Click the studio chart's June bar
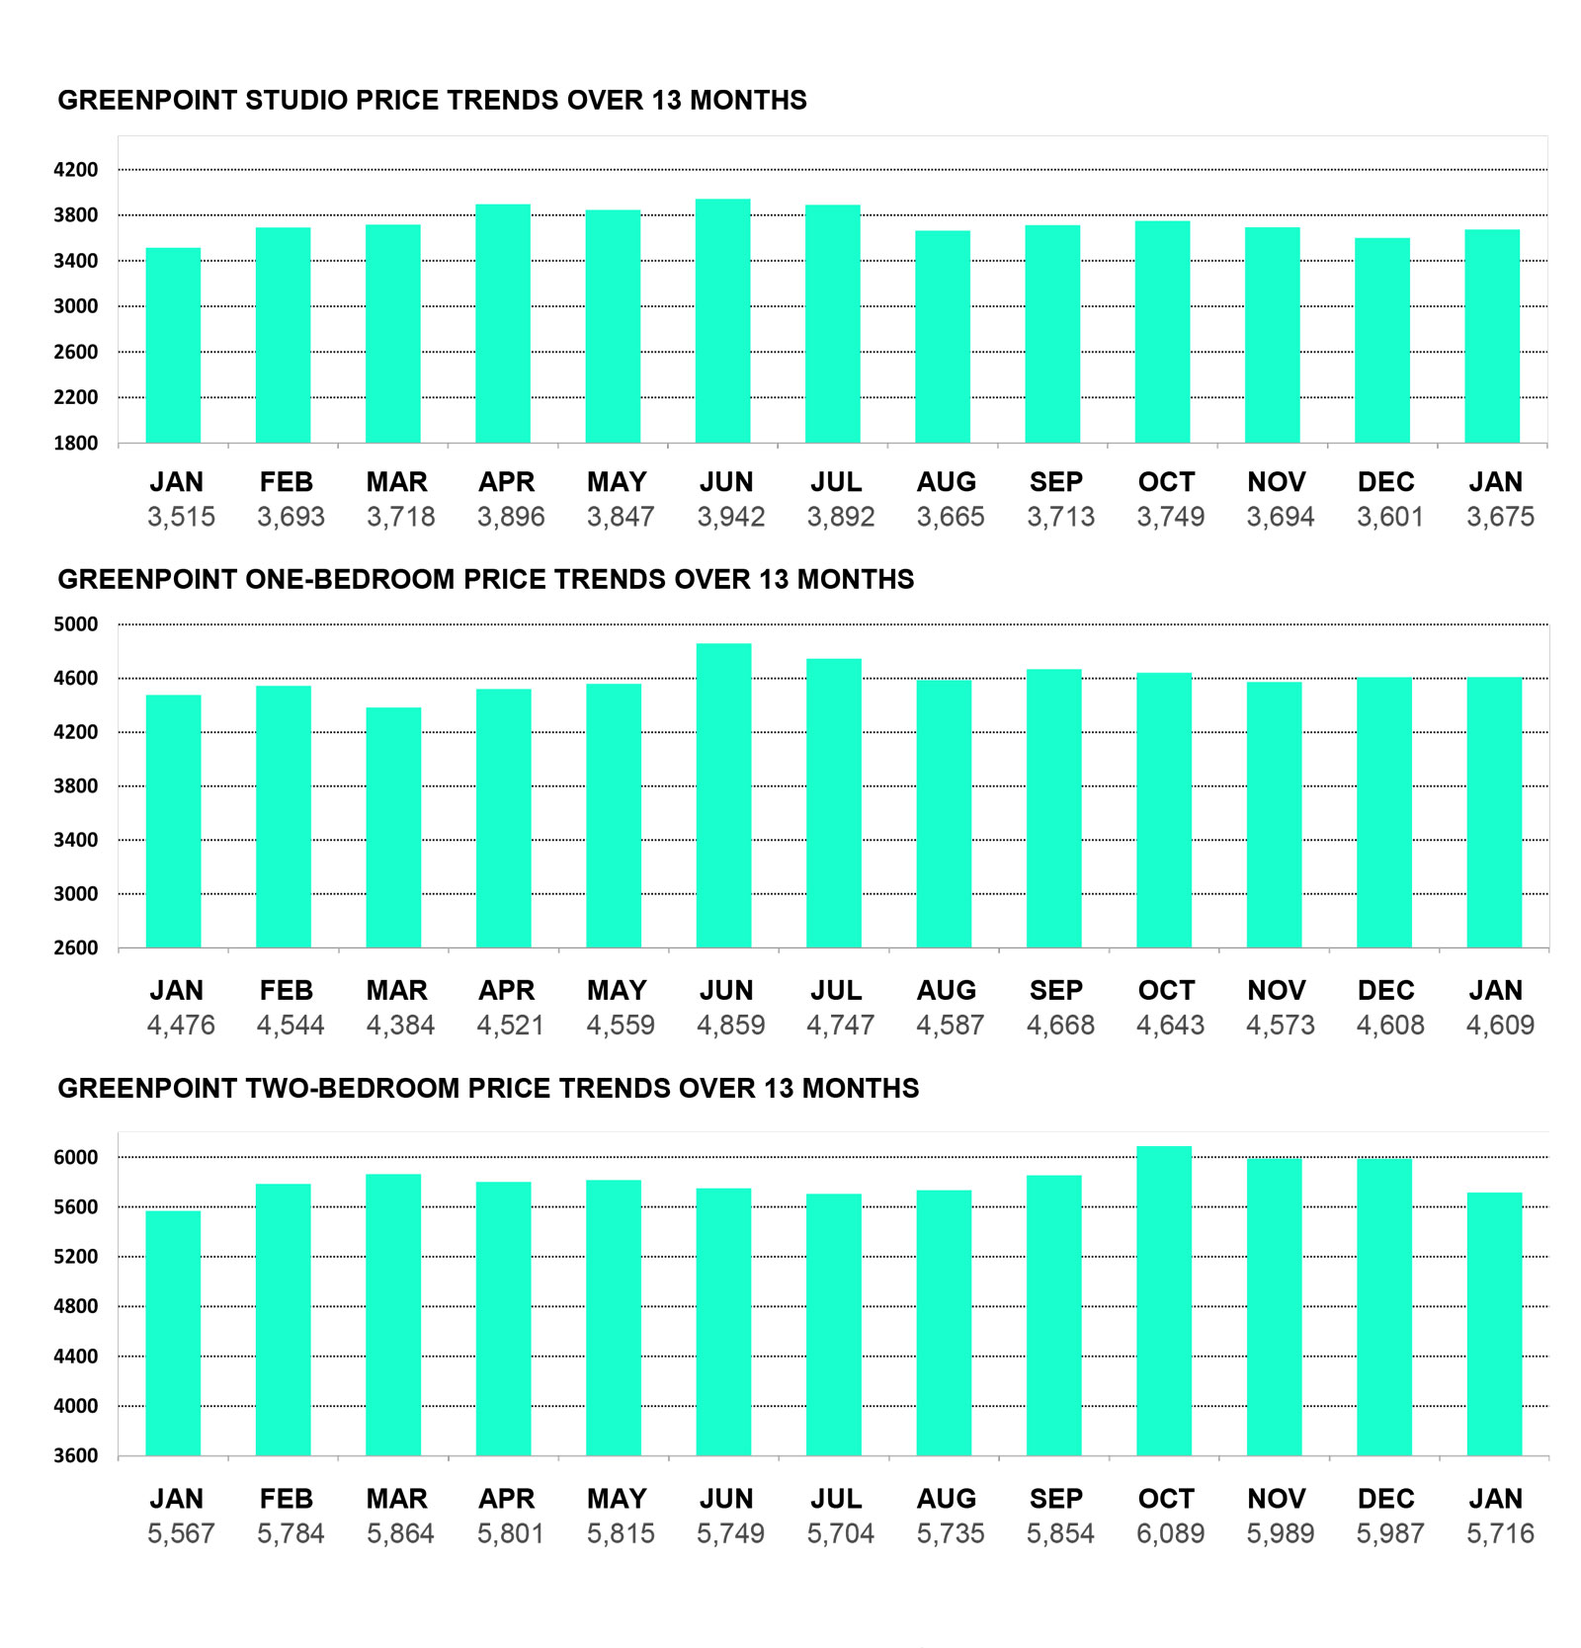(x=722, y=321)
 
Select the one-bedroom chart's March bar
(x=393, y=828)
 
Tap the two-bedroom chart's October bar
(x=1164, y=1300)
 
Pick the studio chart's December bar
(x=1381, y=340)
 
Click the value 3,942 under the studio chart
(x=730, y=517)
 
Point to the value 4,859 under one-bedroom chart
(x=730, y=1025)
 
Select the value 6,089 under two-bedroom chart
(x=1170, y=1533)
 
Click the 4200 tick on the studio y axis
(x=76, y=170)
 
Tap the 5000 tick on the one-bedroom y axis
(x=76, y=624)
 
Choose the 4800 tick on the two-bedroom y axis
(x=76, y=1306)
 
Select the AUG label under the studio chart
(x=946, y=482)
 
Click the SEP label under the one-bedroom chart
(x=1056, y=990)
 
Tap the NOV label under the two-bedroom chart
(x=1276, y=1499)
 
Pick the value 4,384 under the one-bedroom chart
(x=400, y=1025)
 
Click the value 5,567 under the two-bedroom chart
(x=181, y=1533)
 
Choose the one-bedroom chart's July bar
(x=833, y=803)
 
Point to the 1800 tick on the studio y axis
(x=76, y=444)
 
